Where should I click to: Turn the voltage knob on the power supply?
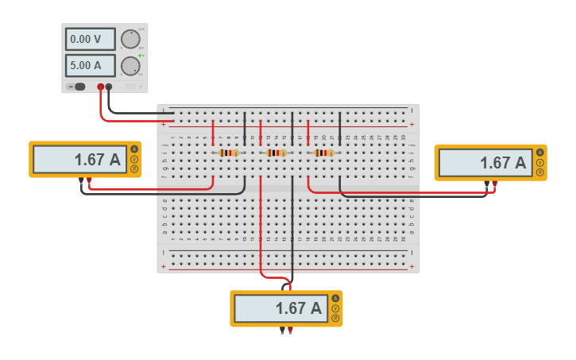coord(130,39)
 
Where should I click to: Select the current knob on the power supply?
coord(130,65)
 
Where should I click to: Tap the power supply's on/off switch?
coord(77,87)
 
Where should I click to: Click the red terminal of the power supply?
coord(100,87)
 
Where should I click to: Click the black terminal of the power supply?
coord(109,87)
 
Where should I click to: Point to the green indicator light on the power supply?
coord(141,56)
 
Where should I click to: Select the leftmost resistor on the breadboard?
coord(229,153)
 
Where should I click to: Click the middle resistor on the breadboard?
coord(276,153)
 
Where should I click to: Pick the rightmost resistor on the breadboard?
coord(323,153)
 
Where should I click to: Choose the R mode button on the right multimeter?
coord(540,172)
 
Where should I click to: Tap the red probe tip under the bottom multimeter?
coord(291,331)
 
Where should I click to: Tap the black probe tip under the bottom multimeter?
coord(282,331)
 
